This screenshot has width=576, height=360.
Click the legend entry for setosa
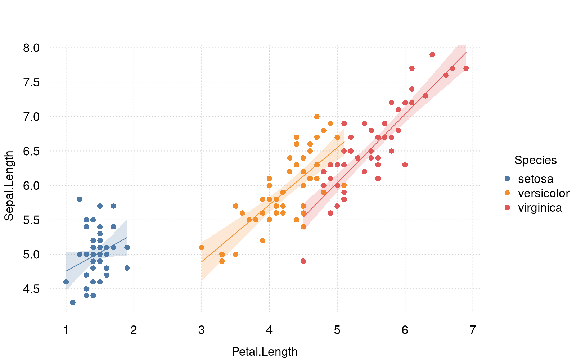[x=535, y=179]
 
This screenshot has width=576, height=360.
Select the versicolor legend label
[x=544, y=193]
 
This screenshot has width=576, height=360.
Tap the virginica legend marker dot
[x=508, y=208]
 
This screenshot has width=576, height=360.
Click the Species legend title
[x=535, y=160]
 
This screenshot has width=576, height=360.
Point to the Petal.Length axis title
[x=265, y=351]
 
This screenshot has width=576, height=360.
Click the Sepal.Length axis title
[x=9, y=185]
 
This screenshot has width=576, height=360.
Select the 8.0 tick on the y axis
[x=31, y=48]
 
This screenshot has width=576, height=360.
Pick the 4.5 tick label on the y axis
[x=31, y=289]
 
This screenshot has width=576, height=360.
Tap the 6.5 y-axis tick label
[x=31, y=151]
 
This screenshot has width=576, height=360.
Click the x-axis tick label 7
[x=473, y=330]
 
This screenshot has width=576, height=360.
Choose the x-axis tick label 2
[x=134, y=330]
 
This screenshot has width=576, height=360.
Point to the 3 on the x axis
[x=202, y=330]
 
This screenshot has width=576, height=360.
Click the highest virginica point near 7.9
[x=432, y=55]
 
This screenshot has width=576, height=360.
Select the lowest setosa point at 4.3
[x=73, y=302]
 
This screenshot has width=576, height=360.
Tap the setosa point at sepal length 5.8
[x=80, y=199]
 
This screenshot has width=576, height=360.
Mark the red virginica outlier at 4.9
[x=303, y=261]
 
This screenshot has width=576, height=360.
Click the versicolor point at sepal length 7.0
[x=317, y=117]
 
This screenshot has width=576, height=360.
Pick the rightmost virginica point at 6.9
[x=466, y=68]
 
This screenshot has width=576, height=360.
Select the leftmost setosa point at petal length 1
[x=66, y=282]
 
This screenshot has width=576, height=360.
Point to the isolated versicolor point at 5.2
[x=262, y=240]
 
